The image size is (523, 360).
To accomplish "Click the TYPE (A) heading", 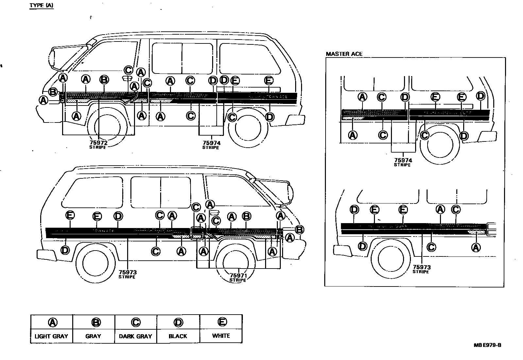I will (x=42, y=6).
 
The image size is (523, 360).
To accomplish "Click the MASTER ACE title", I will (x=344, y=54).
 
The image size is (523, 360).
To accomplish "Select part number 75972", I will (x=98, y=143).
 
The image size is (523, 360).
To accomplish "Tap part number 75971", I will (x=238, y=275).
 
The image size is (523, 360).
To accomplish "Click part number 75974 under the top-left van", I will (x=211, y=143).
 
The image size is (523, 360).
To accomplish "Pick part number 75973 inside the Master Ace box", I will (x=422, y=267).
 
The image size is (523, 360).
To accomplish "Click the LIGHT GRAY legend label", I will (x=51, y=336).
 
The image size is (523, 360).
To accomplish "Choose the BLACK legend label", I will (x=178, y=336).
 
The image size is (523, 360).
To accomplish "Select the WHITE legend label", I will (x=221, y=336).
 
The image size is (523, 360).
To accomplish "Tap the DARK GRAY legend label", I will (x=135, y=336).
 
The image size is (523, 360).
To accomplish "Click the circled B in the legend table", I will (x=96, y=322).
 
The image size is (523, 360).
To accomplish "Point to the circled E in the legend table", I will (x=222, y=322).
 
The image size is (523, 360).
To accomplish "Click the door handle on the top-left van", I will (x=126, y=78).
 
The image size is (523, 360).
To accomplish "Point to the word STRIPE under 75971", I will (x=238, y=280).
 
